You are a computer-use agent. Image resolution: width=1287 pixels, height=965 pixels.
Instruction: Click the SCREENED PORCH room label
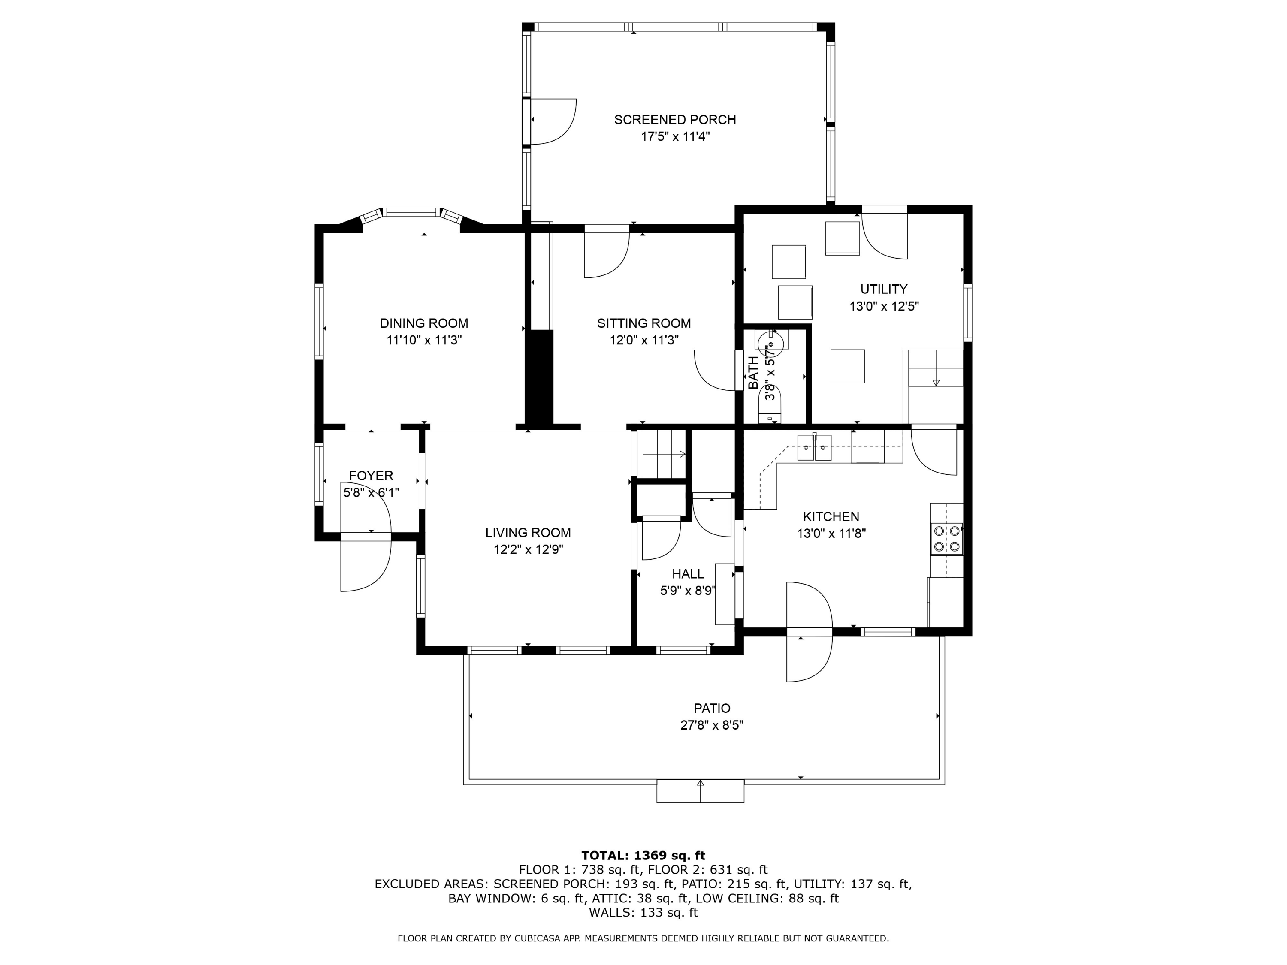coord(675,120)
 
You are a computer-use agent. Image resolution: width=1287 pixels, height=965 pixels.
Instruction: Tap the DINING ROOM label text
coord(424,323)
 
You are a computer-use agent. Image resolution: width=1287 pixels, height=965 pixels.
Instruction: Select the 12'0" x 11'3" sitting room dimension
coord(644,340)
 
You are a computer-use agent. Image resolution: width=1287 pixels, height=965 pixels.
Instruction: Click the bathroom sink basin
coord(772,338)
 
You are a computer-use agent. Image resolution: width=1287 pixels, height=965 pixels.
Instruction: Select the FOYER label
coord(371,476)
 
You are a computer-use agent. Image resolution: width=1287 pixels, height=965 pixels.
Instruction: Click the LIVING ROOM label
coord(528,533)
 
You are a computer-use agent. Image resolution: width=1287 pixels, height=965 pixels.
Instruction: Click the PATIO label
coord(712,709)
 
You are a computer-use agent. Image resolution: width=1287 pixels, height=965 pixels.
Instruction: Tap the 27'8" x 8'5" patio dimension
coord(712,725)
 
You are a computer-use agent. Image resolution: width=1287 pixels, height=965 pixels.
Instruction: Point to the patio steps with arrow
coord(701,791)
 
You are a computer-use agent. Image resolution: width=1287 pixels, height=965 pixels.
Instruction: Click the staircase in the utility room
coord(933,387)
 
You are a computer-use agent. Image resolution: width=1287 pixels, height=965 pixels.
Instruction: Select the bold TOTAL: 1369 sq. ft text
coord(643,856)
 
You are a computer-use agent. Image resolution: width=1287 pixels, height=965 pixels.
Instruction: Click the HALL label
coord(688,574)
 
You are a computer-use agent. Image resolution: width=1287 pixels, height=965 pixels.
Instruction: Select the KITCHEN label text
coord(831,516)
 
